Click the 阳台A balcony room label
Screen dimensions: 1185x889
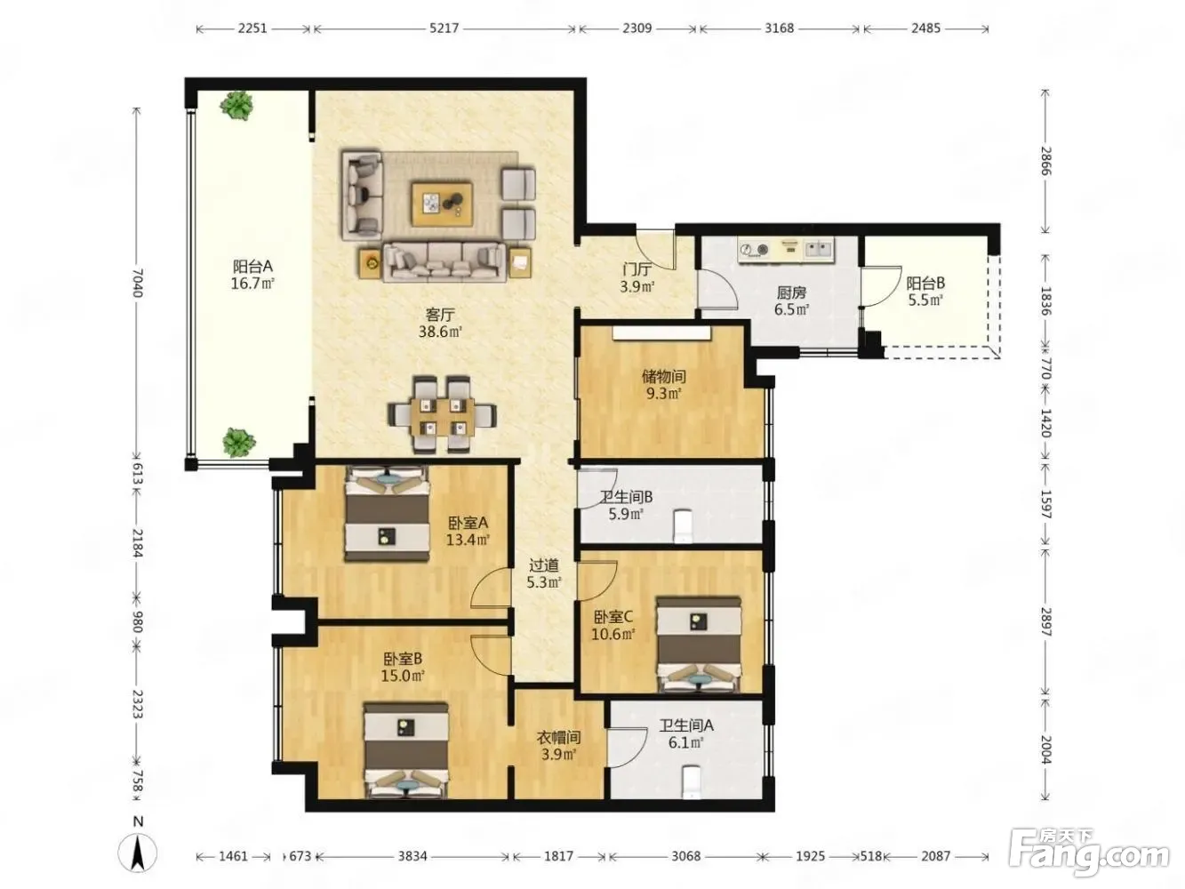pyautogui.click(x=252, y=266)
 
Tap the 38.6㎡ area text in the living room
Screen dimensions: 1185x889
pyautogui.click(x=440, y=332)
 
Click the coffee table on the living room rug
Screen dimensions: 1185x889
pyautogui.click(x=442, y=204)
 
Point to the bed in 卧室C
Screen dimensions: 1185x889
pyautogui.click(x=698, y=645)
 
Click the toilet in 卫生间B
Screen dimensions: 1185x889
pyautogui.click(x=683, y=527)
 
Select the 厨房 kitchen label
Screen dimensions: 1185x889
pyautogui.click(x=791, y=293)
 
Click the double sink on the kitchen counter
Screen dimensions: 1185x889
pyautogui.click(x=819, y=249)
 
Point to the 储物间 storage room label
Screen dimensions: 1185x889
pyautogui.click(x=663, y=376)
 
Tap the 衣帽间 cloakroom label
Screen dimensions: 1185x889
pyautogui.click(x=558, y=737)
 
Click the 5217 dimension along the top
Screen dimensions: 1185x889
pyautogui.click(x=444, y=28)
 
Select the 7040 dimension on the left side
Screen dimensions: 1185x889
pyautogui.click(x=137, y=283)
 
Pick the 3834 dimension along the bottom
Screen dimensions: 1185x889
pyautogui.click(x=412, y=856)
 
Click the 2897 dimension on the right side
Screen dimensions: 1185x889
pyautogui.click(x=1045, y=621)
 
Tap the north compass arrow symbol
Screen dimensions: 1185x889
pyautogui.click(x=138, y=853)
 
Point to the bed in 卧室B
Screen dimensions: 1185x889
pyautogui.click(x=406, y=749)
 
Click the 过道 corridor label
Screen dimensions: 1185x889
pyautogui.click(x=544, y=565)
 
